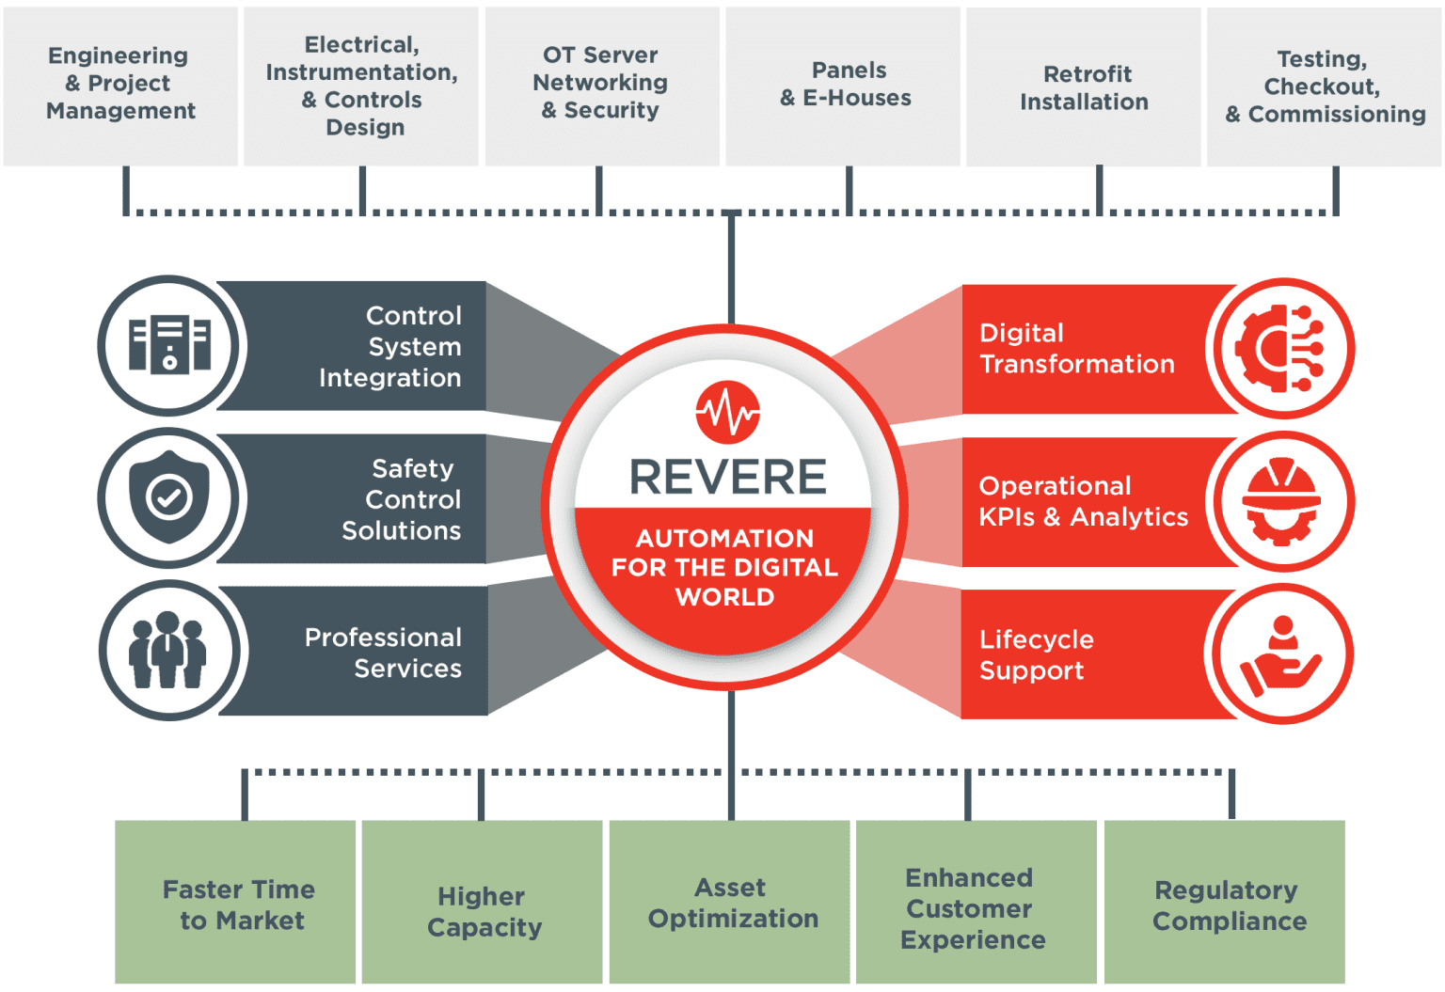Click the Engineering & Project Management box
coord(120,85)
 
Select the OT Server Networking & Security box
coord(601,85)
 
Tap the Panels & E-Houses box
coord(844,85)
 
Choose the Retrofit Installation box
coord(1084,87)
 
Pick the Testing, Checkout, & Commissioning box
coord(1325,87)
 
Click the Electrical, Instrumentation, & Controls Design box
coord(361,86)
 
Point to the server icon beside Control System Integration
coord(170,345)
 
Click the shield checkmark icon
coord(170,497)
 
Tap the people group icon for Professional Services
coord(170,650)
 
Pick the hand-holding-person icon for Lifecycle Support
coord(1281,654)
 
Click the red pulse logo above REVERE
coord(727,412)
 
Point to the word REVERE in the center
coord(727,477)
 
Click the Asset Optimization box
coord(730,903)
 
